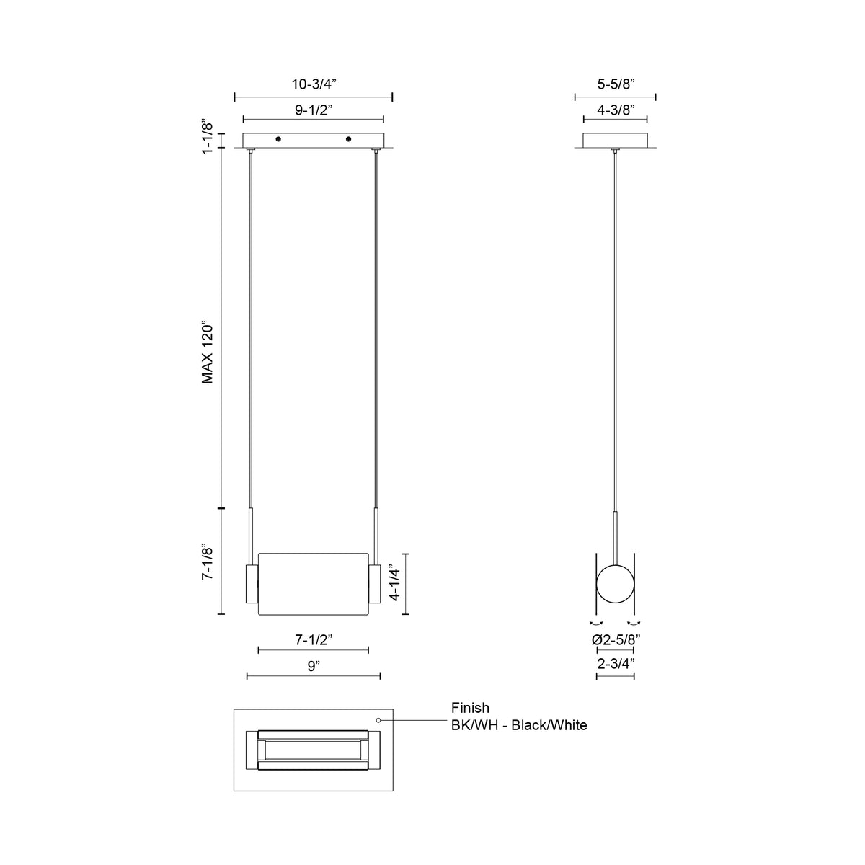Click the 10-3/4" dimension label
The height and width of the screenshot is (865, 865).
coord(314,84)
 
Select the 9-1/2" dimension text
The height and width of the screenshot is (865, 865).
coord(314,110)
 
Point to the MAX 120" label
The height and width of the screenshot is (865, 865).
coord(207,352)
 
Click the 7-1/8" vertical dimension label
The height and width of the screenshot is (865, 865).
coord(207,563)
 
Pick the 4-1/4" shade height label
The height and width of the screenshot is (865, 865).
coord(394,582)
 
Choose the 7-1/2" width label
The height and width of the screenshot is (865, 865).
coord(314,639)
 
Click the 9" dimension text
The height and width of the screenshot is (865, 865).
coord(314,666)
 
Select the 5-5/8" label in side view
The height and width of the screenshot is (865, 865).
coord(616,84)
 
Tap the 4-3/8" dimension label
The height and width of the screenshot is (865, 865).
coord(616,110)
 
